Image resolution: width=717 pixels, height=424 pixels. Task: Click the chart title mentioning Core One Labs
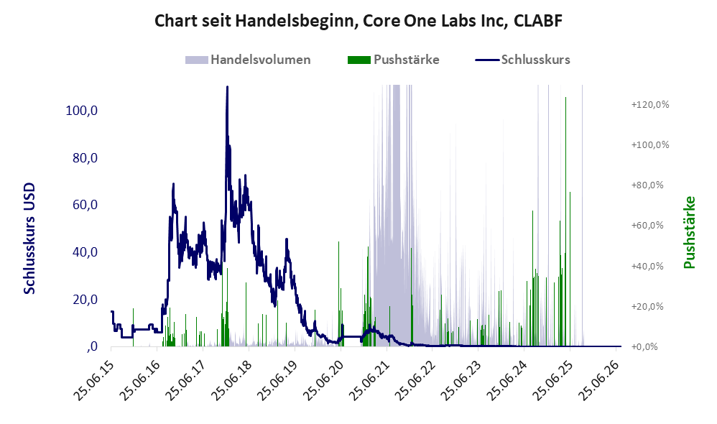[358, 21]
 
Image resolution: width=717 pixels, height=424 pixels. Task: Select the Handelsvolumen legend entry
[248, 60]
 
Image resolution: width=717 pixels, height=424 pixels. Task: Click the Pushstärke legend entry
[393, 60]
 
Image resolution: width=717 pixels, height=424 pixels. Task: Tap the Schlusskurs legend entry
[522, 60]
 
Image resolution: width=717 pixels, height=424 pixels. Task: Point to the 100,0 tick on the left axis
[82, 110]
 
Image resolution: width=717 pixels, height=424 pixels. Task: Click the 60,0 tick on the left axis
[85, 204]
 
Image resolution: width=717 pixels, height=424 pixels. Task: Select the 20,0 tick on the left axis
[85, 299]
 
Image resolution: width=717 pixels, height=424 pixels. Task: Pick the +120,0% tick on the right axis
[649, 105]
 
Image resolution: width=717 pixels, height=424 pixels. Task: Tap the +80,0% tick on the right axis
[647, 185]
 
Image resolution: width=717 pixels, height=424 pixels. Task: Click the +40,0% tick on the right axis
[647, 266]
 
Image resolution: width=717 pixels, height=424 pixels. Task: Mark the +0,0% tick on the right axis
[644, 346]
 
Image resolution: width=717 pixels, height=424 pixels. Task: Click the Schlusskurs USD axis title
[29, 239]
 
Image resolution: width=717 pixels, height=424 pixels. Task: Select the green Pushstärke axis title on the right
[689, 232]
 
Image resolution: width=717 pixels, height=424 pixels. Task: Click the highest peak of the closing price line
[227, 87]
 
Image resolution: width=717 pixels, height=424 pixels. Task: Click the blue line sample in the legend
[487, 60]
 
